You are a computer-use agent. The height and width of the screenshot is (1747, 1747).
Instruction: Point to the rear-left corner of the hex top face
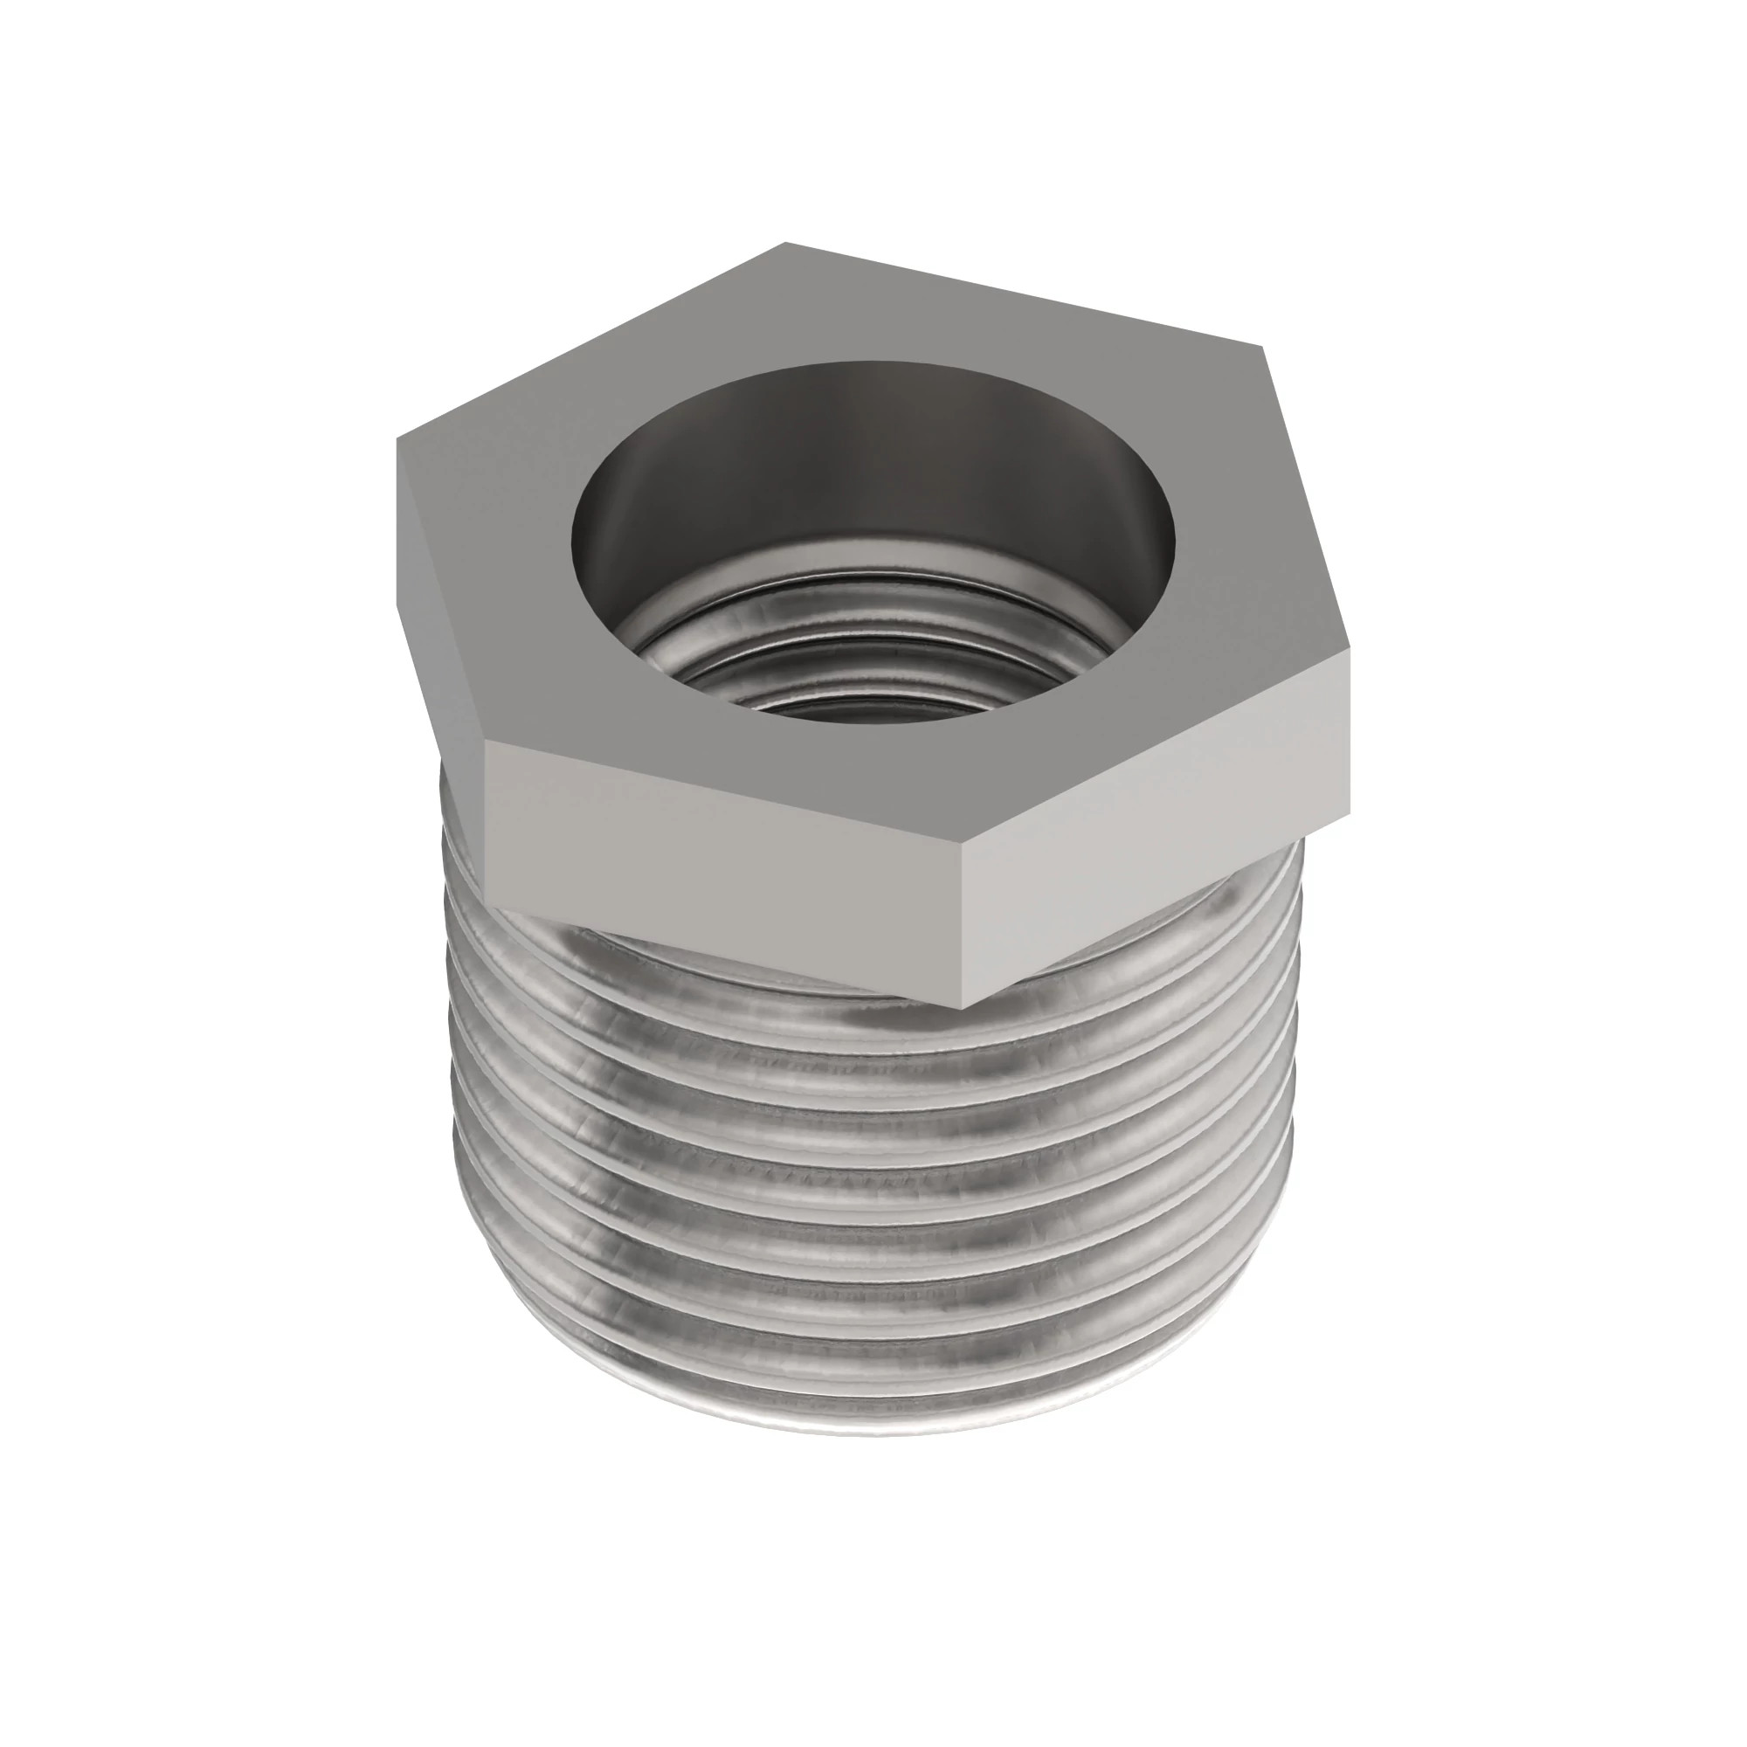tap(785, 243)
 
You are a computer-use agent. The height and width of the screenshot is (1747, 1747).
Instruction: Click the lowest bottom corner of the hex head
tap(961, 1006)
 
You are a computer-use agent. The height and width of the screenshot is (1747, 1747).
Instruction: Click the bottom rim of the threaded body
tap(868, 1429)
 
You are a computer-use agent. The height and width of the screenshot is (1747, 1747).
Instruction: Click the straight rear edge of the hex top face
tap(1022, 293)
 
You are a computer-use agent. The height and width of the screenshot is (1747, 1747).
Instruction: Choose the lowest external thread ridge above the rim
tap(868, 1384)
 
